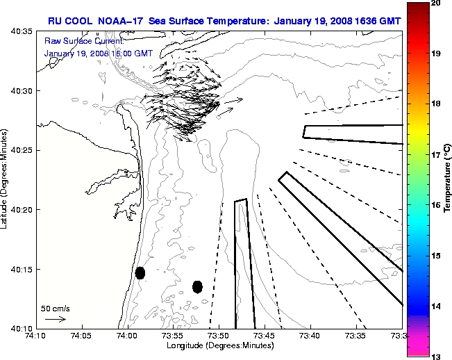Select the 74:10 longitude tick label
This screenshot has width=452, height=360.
[x=36, y=336]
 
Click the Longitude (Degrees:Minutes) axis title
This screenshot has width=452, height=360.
[x=219, y=345]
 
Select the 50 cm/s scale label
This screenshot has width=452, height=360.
[x=54, y=308]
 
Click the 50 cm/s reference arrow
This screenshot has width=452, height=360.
[x=55, y=320]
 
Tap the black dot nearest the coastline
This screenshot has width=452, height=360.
[x=140, y=272]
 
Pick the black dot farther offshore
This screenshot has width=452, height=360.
[x=197, y=286]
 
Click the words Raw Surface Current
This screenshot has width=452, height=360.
[x=75, y=42]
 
